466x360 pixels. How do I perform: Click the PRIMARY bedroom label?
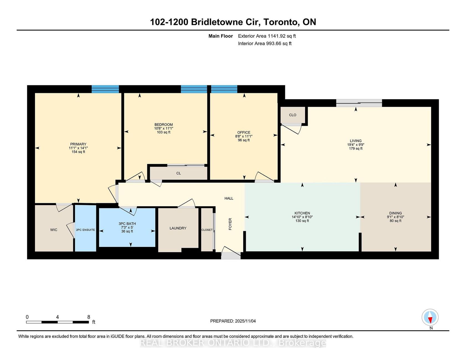pyautogui.click(x=78, y=144)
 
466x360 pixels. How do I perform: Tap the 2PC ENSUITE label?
pyautogui.click(x=85, y=230)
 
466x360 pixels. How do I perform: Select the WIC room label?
pyautogui.click(x=54, y=230)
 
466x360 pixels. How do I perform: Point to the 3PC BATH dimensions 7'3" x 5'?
pyautogui.click(x=127, y=228)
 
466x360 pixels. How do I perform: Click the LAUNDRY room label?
pyautogui.click(x=178, y=228)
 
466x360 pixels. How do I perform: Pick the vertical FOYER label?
pyautogui.click(x=230, y=224)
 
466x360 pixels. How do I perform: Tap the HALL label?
pyautogui.click(x=229, y=198)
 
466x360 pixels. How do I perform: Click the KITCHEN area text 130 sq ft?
pyautogui.click(x=302, y=221)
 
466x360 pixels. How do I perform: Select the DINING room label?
pyautogui.click(x=396, y=213)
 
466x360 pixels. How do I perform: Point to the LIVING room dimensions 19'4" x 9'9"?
pyautogui.click(x=356, y=145)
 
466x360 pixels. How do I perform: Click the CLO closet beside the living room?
pyautogui.click(x=293, y=115)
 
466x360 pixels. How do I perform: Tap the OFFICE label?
pyautogui.click(x=244, y=132)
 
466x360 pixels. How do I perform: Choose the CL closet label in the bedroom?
pyautogui.click(x=179, y=173)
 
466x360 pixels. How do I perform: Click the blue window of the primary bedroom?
pyautogui.click(x=105, y=89)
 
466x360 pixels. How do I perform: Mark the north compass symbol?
pyautogui.click(x=430, y=317)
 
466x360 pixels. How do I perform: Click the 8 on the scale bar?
pyautogui.click(x=89, y=317)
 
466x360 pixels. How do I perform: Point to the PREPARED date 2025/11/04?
pyautogui.click(x=245, y=321)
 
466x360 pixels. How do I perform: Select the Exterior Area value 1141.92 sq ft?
pyautogui.click(x=282, y=36)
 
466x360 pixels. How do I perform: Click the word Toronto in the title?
pyautogui.click(x=280, y=22)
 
